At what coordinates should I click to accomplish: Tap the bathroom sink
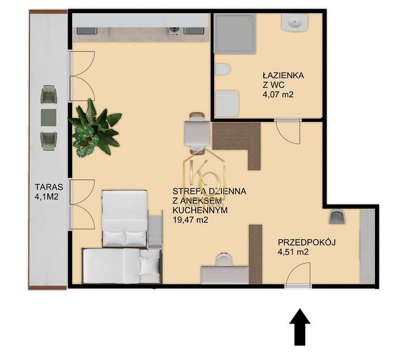(294, 23)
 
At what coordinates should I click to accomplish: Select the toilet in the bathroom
(222, 70)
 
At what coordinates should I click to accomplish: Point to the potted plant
(94, 128)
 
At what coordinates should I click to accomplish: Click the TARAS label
(48, 185)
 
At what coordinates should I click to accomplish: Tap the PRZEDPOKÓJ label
(307, 242)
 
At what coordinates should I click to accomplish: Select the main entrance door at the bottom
(298, 277)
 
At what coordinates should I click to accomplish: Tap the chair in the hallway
(336, 217)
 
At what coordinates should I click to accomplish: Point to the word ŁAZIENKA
(284, 75)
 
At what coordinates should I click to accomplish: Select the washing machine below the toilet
(227, 104)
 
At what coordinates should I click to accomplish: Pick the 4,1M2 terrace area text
(48, 198)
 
